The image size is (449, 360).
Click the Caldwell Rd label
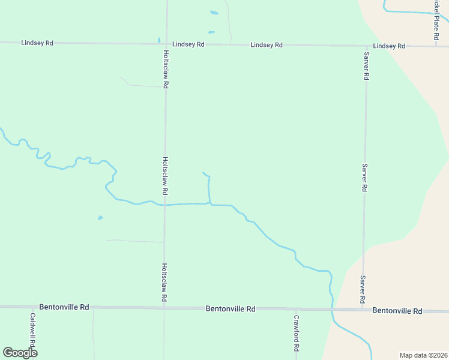(x=34, y=331)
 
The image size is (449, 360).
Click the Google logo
(x=20, y=352)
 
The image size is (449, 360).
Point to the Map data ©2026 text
(x=423, y=355)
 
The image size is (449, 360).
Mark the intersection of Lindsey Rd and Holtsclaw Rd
(x=166, y=44)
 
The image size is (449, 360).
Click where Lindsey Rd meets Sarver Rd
(x=366, y=46)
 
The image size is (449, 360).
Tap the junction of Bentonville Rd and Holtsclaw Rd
(x=164, y=308)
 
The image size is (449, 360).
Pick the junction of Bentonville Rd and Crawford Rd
(x=296, y=309)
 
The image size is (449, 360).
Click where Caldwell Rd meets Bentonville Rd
(x=34, y=307)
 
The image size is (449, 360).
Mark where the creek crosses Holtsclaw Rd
(x=165, y=205)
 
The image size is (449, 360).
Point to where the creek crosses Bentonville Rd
(x=331, y=310)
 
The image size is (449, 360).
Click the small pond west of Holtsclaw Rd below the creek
(x=100, y=217)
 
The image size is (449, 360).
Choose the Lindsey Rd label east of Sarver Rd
(x=389, y=46)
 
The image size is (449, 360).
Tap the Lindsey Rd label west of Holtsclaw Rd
(x=37, y=43)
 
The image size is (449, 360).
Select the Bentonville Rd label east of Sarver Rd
(x=397, y=311)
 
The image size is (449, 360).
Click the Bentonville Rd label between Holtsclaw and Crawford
(x=231, y=309)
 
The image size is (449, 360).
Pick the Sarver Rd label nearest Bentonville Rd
(x=363, y=289)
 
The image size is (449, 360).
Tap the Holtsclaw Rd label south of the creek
(x=164, y=282)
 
